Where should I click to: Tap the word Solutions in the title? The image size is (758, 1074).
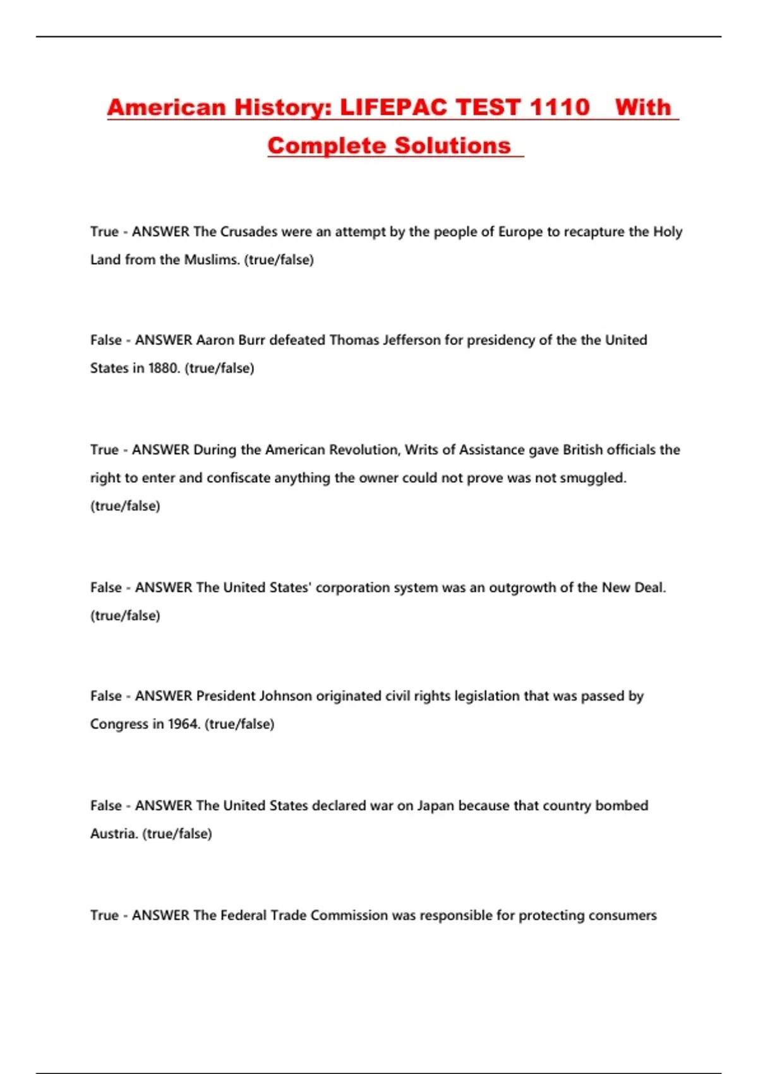pos(452,146)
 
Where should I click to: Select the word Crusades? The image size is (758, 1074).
pos(248,232)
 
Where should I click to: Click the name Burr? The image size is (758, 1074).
pos(251,341)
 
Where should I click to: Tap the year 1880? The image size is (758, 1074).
pos(164,368)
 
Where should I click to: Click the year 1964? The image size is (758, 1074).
pos(184,725)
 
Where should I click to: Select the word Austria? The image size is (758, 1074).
pos(114,834)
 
